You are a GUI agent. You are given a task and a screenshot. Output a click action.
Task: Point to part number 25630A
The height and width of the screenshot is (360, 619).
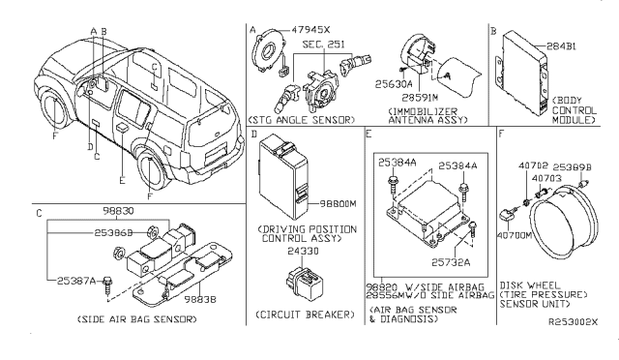pyautogui.click(x=392, y=84)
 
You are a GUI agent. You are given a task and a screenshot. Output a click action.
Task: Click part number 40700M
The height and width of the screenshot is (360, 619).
pyautogui.click(x=516, y=233)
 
